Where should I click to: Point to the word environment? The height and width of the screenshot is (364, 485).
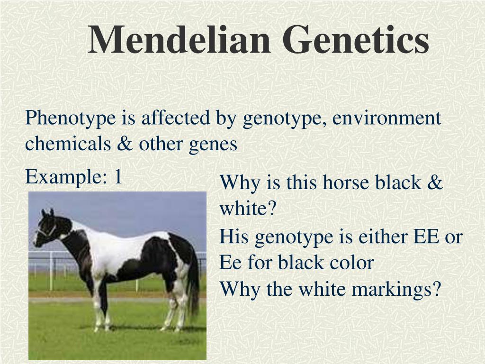386,118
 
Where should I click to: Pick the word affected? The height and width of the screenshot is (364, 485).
175,118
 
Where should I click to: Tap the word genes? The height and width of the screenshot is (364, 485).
213,145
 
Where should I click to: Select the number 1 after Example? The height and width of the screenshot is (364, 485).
118,177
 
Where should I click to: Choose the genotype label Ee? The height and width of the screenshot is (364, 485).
231,263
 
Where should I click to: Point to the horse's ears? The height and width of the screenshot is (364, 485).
47,212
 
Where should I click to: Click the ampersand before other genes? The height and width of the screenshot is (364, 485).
125,144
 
